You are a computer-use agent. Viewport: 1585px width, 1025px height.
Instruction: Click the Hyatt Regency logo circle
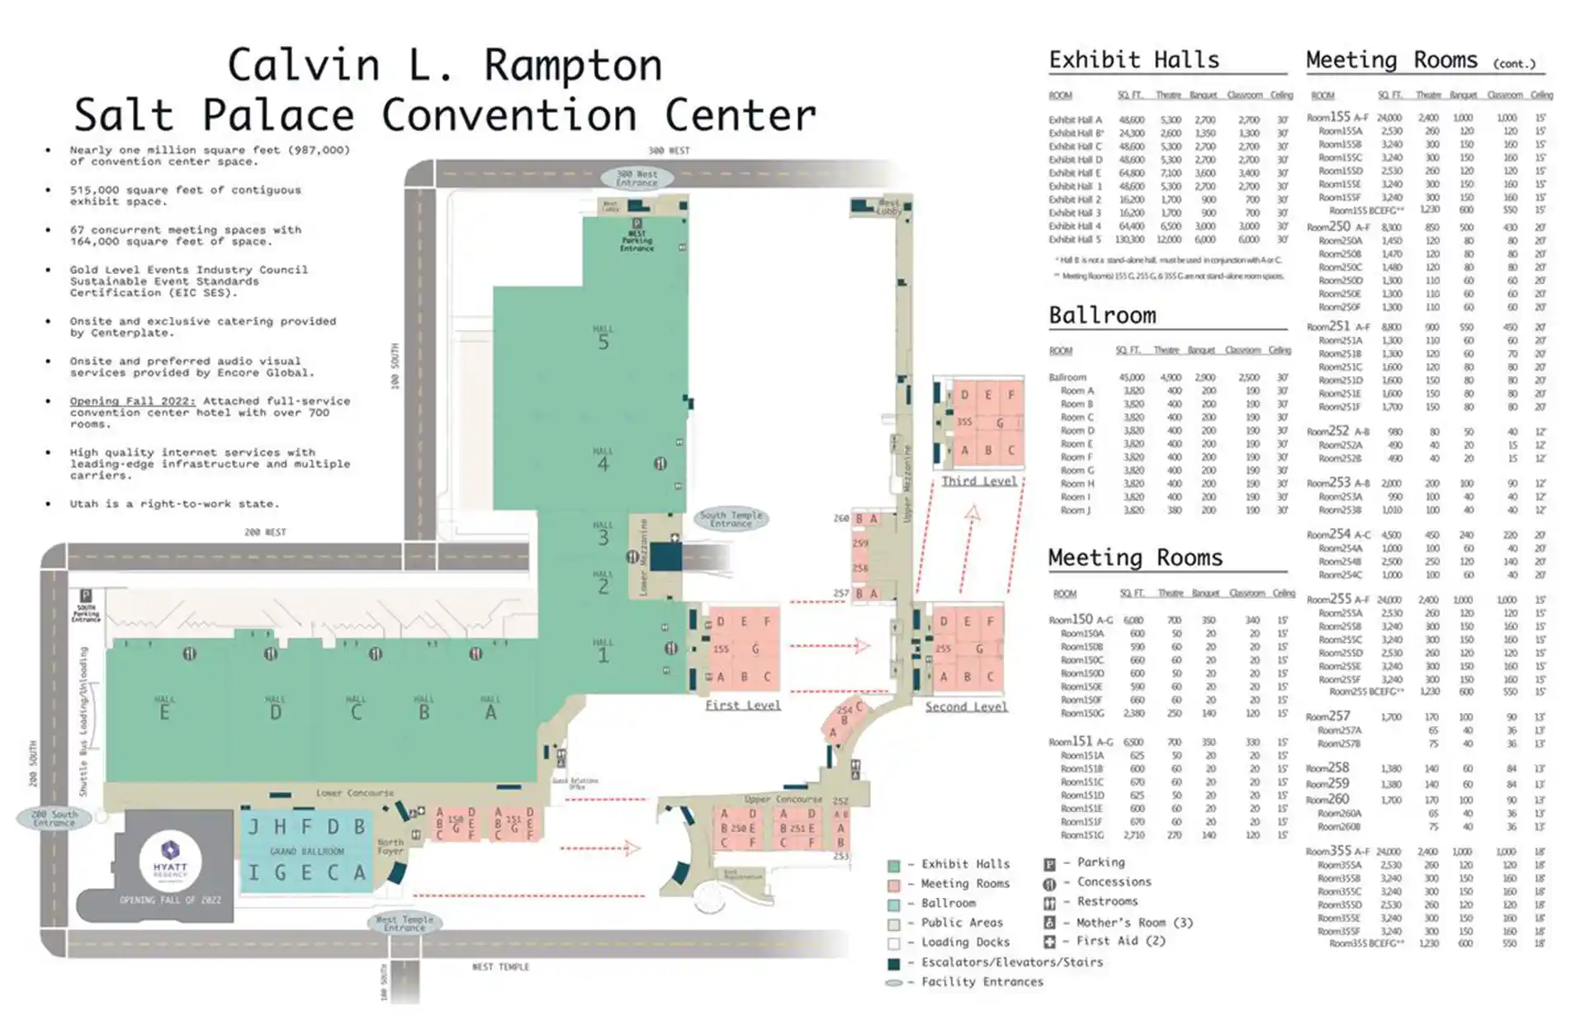click(x=170, y=859)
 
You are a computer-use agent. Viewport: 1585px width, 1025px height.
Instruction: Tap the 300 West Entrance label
click(x=636, y=177)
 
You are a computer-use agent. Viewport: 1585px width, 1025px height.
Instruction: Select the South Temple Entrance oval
click(x=731, y=519)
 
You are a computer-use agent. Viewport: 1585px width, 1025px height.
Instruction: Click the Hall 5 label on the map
click(x=603, y=338)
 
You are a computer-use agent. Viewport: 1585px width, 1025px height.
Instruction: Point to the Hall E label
click(x=164, y=709)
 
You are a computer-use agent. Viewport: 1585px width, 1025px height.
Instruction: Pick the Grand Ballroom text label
click(x=306, y=851)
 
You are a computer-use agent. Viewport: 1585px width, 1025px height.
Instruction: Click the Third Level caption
click(x=979, y=481)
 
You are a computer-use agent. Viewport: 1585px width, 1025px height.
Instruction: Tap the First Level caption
click(x=742, y=705)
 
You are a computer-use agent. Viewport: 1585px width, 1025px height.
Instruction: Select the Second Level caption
click(x=966, y=706)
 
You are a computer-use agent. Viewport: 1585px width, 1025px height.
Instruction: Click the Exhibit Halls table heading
click(x=1133, y=60)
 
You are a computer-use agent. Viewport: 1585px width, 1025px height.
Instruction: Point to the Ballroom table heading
click(x=1102, y=315)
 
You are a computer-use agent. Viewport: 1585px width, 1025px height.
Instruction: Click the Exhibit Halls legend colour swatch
click(x=893, y=866)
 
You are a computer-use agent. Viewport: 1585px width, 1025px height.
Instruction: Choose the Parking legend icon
click(x=1049, y=864)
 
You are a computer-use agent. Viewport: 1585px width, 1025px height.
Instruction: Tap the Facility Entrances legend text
click(x=982, y=981)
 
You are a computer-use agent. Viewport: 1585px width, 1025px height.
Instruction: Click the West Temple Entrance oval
click(x=405, y=923)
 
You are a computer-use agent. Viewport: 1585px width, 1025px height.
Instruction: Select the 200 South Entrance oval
click(x=54, y=818)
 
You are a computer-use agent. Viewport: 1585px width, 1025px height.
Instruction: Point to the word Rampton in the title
click(x=573, y=65)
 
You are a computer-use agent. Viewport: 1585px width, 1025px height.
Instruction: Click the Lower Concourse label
click(x=355, y=793)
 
